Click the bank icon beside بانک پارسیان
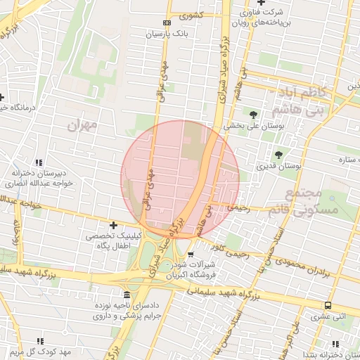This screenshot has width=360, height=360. (166, 22)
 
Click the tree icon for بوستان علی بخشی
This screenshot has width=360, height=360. (253, 114)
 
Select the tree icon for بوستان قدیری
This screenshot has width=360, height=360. (278, 155)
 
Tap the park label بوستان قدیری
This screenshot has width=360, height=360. (278, 167)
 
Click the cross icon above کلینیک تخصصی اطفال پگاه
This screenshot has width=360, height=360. (113, 225)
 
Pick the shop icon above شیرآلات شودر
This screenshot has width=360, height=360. (191, 254)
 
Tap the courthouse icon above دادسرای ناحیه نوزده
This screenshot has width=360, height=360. (127, 295)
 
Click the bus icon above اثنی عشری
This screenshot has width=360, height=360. (328, 305)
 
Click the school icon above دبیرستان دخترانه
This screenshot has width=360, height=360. (39, 162)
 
